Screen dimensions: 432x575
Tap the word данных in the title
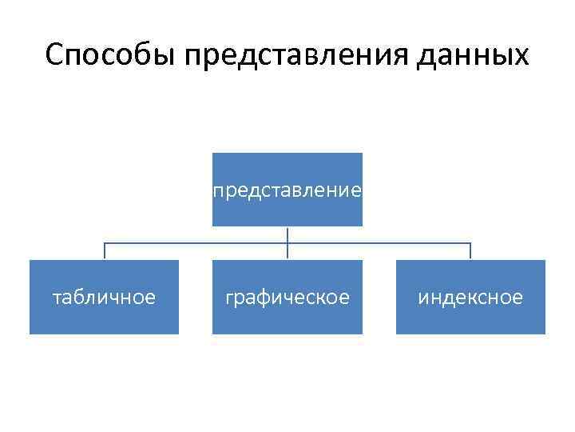(479, 55)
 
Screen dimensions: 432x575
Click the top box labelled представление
(287, 190)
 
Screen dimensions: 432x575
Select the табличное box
(104, 297)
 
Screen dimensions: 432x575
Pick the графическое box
(287, 297)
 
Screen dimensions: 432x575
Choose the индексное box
(470, 297)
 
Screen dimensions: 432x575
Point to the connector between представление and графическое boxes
(287, 243)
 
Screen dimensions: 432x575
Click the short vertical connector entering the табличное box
(105, 252)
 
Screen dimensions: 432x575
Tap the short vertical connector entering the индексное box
(470, 252)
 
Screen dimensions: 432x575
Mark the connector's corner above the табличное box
(105, 243)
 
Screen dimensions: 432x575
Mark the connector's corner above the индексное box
(470, 243)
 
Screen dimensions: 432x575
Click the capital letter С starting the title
(54, 55)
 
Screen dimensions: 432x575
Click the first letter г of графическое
(229, 298)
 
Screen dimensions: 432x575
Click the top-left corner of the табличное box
(30, 261)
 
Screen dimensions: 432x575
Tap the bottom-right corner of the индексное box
(545, 333)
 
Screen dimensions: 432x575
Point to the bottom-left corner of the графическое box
(213, 333)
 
